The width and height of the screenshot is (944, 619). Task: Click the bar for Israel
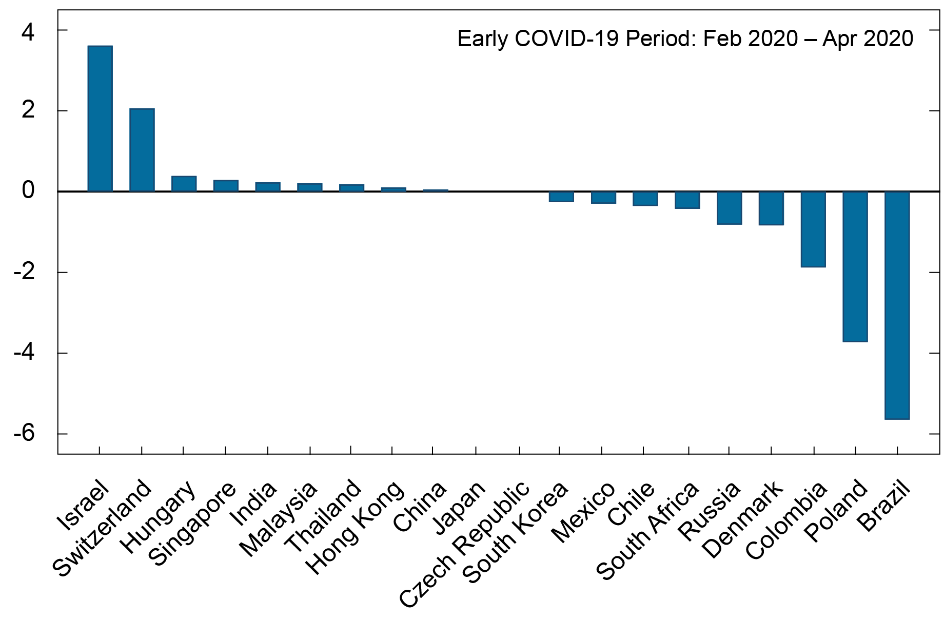[x=100, y=119]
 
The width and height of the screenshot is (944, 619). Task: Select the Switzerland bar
[x=142, y=150]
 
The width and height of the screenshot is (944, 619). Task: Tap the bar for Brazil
[x=897, y=305]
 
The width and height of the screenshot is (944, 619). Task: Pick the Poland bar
[x=855, y=266]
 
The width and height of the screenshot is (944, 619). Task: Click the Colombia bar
[x=813, y=229]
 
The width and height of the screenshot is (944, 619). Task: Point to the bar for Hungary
[x=184, y=184]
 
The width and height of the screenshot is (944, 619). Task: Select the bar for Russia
[x=729, y=208]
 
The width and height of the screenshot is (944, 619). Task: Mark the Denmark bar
[x=771, y=208]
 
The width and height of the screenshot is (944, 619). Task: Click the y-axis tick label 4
[x=28, y=32]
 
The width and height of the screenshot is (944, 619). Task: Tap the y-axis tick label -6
[x=24, y=434]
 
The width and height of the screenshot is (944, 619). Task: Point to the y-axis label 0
[x=28, y=191]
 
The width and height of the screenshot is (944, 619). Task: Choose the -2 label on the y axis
[x=24, y=272]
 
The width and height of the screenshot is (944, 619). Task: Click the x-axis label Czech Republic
[x=464, y=544]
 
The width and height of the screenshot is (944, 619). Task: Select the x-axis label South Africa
[x=647, y=531]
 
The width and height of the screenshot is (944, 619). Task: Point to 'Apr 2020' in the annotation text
[x=868, y=39]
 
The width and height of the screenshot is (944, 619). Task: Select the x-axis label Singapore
[x=192, y=524]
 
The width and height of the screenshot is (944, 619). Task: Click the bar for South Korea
[x=561, y=197]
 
